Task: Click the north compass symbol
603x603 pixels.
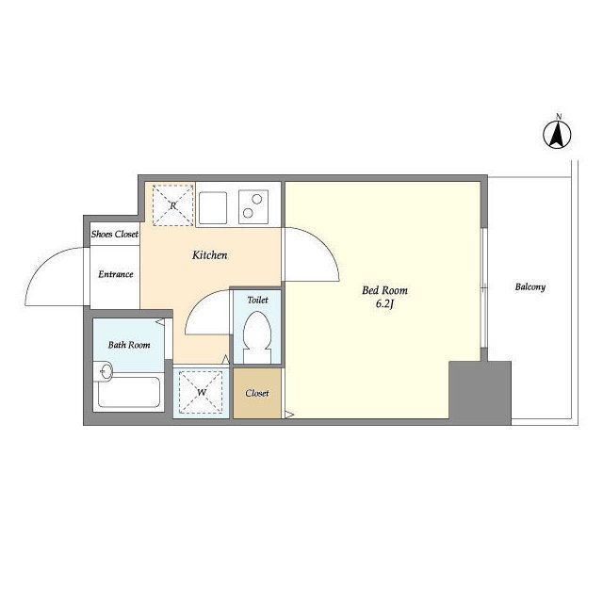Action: coord(557,134)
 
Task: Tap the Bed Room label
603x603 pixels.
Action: coord(384,290)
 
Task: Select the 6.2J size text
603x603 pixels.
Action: coord(385,303)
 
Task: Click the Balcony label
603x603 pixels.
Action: coord(530,286)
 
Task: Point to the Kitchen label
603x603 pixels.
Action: coord(209,255)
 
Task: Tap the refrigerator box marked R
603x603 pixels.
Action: coord(172,205)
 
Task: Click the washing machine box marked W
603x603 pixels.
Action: coord(201,393)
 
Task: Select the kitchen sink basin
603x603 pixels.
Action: coord(213,207)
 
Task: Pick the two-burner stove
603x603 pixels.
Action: coord(253,207)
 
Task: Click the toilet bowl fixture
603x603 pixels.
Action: coord(257,337)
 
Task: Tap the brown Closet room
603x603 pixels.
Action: coord(257,393)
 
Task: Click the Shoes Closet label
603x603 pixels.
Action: coord(115,234)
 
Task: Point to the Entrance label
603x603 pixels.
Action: coord(115,274)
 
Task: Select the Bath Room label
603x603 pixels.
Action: coord(129,345)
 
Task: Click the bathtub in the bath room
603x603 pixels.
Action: coord(128,392)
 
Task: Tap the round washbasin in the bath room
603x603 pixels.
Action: coord(106,371)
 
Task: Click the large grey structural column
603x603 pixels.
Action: coord(480,393)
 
